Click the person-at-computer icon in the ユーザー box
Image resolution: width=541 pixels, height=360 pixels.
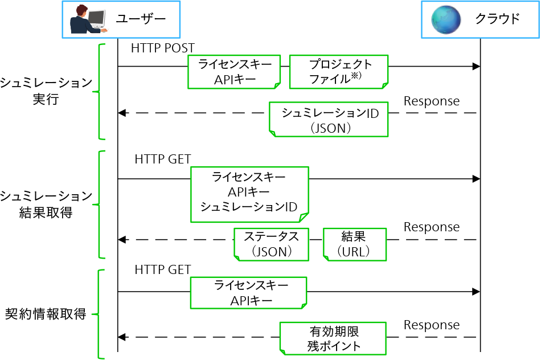coord(88,20)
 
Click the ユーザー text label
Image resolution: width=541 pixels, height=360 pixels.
coord(141,19)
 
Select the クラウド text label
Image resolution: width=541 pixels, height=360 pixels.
coord(497,19)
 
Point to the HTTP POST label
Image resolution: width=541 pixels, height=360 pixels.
coord(162,48)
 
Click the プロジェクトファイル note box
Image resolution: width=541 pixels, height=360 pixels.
coord(338,72)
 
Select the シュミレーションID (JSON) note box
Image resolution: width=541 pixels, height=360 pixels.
coord(329,120)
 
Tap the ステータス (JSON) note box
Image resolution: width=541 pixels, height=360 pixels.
coord(272,244)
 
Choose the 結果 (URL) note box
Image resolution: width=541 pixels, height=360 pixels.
coord(354,244)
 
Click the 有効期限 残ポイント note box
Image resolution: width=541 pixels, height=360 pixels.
coord(333,338)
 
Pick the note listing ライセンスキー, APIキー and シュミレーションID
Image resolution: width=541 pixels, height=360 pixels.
coord(249,194)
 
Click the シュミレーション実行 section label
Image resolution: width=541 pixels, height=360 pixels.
coord(46,91)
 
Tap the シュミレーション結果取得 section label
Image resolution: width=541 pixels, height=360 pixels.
coord(46,204)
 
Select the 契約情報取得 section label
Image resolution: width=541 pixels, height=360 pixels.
coord(46,314)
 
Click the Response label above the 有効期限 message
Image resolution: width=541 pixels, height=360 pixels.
coord(431,325)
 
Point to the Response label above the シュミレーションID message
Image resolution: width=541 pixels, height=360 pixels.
coord(431,101)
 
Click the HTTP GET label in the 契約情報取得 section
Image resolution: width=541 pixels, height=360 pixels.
coord(162,269)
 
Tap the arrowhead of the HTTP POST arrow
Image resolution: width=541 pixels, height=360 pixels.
coord(476,67)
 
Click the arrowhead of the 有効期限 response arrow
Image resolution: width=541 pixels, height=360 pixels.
coord(122,337)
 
